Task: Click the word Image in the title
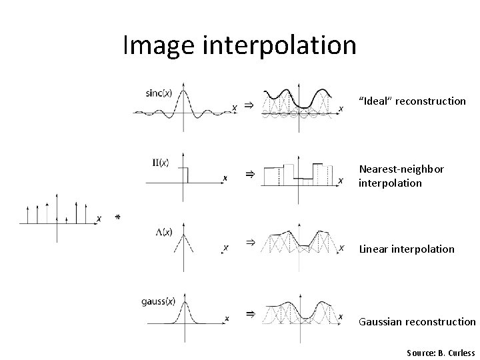159,45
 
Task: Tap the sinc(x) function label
159,93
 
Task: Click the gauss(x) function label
157,301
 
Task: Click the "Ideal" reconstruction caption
412,101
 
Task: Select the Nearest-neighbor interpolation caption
401,176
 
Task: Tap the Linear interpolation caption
407,249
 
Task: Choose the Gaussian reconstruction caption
417,321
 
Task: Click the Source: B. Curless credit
439,352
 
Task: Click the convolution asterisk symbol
117,217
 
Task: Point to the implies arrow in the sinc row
247,105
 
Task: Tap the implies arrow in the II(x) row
249,175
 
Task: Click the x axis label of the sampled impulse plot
99,218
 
